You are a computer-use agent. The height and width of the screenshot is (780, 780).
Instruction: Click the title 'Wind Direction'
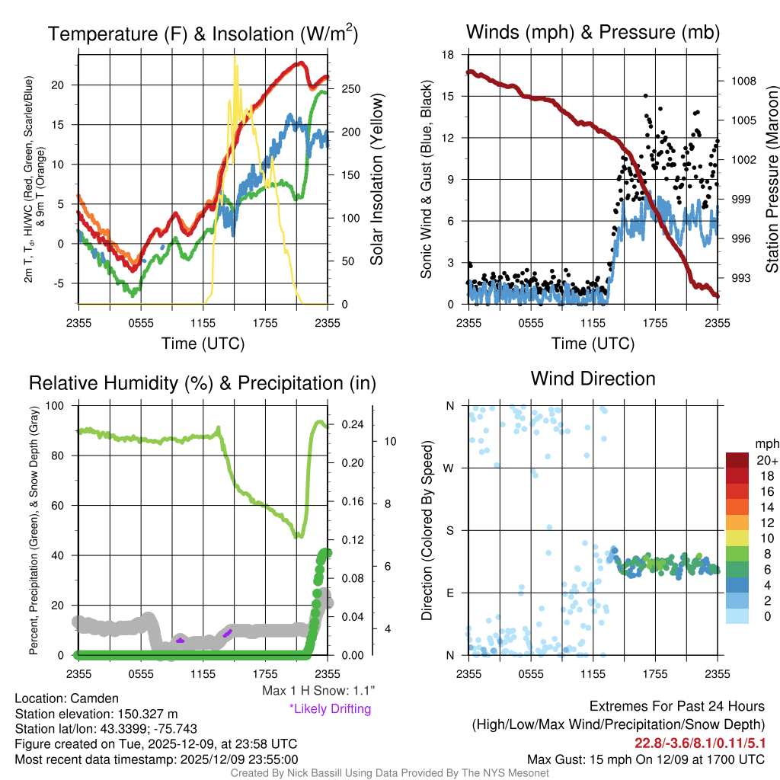[593, 379]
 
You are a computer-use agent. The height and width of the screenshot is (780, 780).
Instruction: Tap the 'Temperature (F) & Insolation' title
[203, 34]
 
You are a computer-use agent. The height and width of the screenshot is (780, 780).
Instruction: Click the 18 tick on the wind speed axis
[449, 55]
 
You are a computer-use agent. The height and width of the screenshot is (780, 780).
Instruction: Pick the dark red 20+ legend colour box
[738, 461]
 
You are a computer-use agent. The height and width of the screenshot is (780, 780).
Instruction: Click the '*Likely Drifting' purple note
[330, 709]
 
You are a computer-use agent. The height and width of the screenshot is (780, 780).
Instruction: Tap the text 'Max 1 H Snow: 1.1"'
[318, 691]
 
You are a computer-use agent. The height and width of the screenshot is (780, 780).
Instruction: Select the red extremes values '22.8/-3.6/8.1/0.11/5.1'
[700, 743]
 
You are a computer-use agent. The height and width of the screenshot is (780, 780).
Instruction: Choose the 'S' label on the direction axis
[450, 530]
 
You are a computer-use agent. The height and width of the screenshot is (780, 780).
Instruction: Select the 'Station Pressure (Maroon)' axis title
[771, 178]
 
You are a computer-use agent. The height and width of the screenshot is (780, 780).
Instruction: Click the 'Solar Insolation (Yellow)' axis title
[377, 180]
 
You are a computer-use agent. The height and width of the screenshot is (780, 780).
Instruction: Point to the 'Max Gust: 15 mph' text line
[646, 759]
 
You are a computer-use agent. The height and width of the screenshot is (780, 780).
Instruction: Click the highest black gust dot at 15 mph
[645, 96]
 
